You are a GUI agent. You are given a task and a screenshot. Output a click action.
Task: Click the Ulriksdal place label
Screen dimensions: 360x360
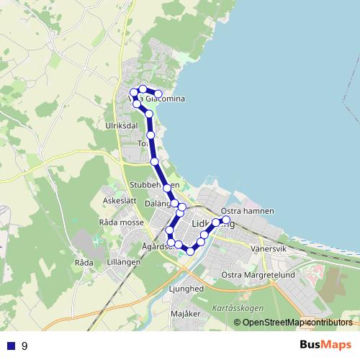121,125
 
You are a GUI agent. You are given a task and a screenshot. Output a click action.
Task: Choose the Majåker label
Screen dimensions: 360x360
185,315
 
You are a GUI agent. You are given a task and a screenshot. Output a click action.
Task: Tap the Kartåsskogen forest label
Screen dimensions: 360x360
238,307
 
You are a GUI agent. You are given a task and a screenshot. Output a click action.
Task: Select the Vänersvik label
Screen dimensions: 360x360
269,248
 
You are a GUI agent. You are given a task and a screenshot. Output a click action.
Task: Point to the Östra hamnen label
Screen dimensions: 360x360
248,210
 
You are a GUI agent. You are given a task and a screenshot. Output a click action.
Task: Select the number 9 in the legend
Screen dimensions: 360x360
24,346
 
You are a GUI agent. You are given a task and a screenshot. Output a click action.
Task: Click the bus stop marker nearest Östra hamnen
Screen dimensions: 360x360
226,219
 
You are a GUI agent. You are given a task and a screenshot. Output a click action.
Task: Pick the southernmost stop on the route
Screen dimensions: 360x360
191,251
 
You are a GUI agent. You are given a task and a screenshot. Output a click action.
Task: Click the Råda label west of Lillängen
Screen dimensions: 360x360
84,263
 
